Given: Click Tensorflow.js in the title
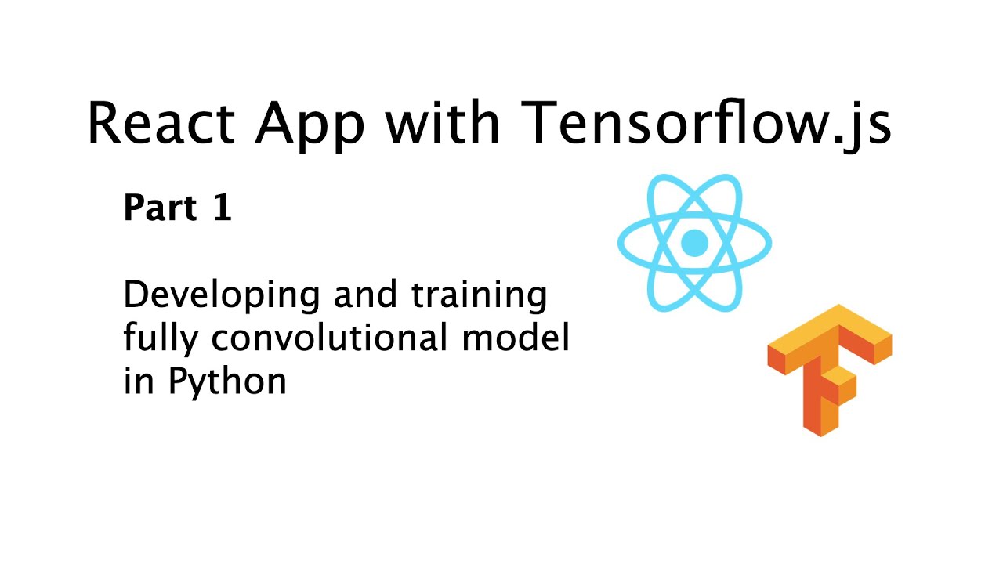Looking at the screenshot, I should click(705, 123).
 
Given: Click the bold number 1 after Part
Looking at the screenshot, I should click(222, 208).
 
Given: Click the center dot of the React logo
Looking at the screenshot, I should click(694, 243).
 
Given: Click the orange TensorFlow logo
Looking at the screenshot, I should click(829, 368).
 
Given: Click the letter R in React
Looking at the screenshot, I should click(105, 123).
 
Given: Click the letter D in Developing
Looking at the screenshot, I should click(135, 295).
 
